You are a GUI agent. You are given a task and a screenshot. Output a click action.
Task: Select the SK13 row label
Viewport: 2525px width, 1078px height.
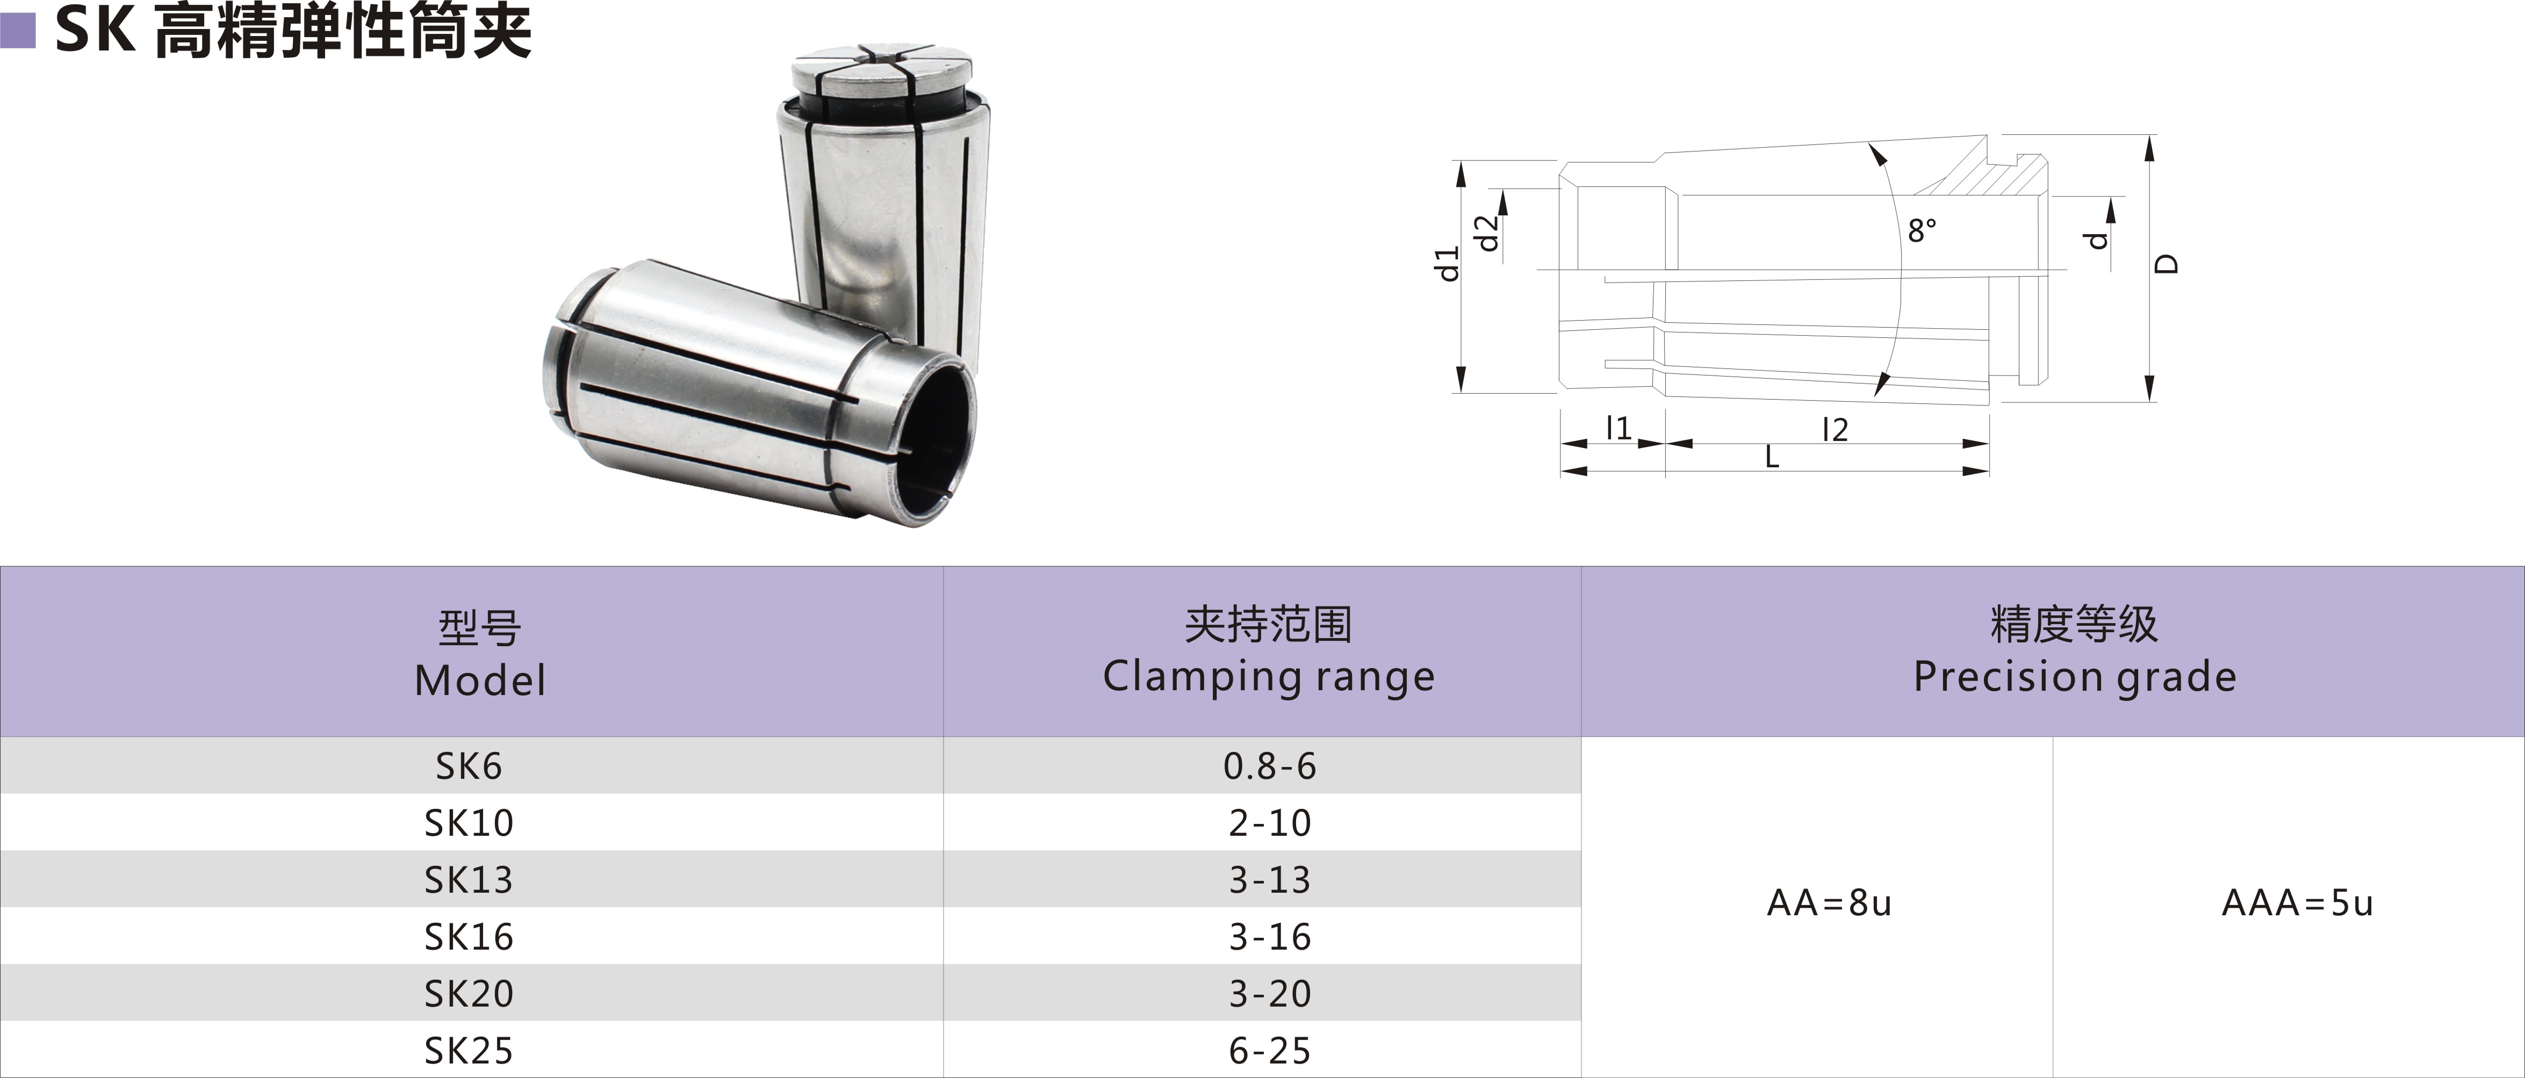tap(469, 880)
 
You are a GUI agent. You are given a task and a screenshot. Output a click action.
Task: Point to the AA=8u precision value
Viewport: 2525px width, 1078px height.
tap(1829, 902)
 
